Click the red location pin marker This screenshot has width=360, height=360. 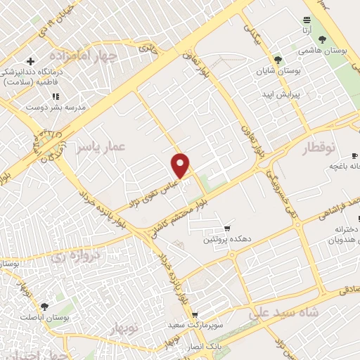(x=181, y=166)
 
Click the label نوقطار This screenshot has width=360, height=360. (x=321, y=148)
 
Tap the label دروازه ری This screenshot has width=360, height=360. (x=77, y=257)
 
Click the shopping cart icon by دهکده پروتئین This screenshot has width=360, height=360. (x=227, y=229)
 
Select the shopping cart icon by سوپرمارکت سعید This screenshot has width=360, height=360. (x=195, y=315)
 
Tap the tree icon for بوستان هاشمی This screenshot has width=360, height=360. (x=323, y=40)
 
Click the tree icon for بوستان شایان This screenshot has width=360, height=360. (x=278, y=60)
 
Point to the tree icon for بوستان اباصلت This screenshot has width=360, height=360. (x=44, y=307)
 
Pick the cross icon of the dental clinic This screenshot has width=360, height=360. (x=30, y=61)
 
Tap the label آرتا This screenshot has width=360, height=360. (x=307, y=31)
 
